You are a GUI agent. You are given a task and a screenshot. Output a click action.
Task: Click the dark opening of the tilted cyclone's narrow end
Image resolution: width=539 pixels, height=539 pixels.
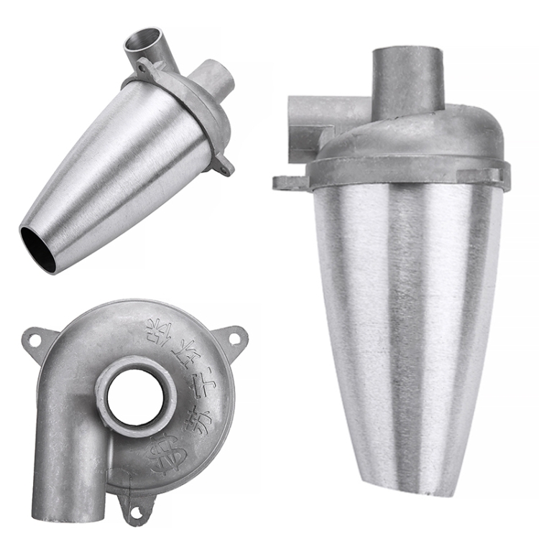click(x=37, y=249)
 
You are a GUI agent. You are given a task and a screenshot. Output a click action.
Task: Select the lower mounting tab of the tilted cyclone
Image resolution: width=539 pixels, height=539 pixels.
click(x=222, y=166)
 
